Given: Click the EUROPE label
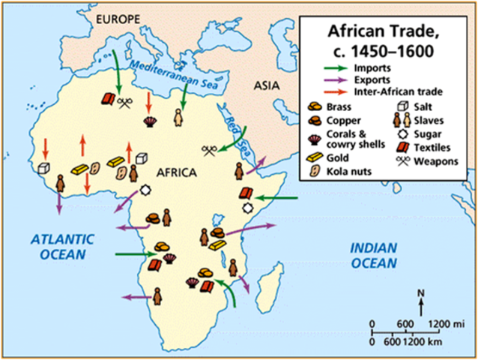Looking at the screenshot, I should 113,16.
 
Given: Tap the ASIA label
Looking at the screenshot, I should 265,86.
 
